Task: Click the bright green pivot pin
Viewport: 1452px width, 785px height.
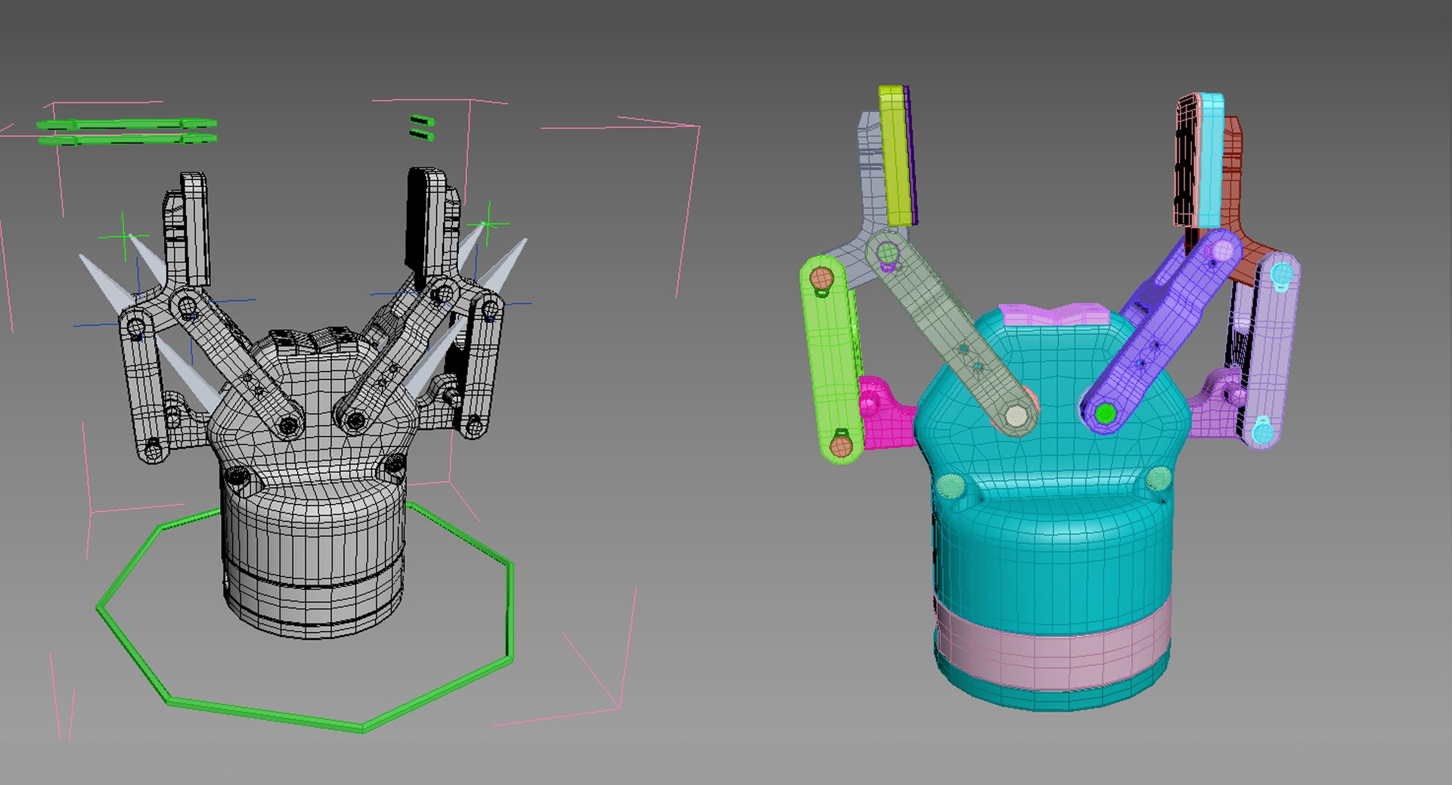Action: tap(1105, 414)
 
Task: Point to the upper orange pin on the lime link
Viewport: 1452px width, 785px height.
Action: tap(821, 278)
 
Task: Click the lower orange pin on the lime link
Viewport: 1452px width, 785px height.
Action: tap(840, 445)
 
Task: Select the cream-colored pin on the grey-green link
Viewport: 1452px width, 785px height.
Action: tap(1016, 416)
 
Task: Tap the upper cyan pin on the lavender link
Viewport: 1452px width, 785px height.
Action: tap(1280, 275)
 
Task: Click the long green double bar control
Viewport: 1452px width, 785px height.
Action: tap(127, 131)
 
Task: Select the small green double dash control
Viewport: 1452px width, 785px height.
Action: tap(421, 127)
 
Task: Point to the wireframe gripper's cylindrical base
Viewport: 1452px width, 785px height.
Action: tap(314, 560)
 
